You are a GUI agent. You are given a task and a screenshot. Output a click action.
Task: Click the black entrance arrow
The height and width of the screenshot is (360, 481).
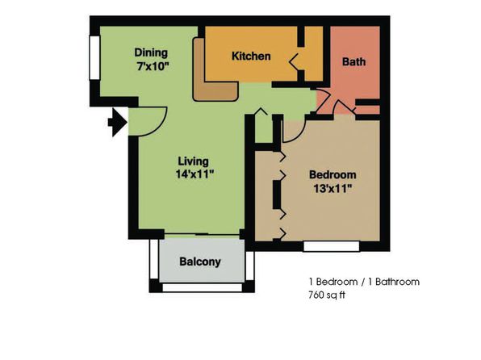click(x=118, y=122)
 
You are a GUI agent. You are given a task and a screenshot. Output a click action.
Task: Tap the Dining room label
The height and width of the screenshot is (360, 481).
click(x=151, y=52)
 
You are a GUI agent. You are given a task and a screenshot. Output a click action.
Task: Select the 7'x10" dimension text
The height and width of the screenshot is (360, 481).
click(x=153, y=66)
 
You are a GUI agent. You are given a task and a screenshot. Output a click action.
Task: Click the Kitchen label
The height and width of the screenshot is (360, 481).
click(x=251, y=57)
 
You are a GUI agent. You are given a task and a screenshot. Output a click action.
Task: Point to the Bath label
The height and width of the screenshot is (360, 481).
click(x=353, y=61)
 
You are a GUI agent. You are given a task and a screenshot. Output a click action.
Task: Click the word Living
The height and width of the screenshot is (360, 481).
click(x=193, y=161)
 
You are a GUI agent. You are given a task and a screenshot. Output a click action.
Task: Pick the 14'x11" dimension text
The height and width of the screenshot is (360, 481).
click(x=194, y=174)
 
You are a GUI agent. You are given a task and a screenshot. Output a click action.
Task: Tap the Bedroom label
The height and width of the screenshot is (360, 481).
click(x=333, y=174)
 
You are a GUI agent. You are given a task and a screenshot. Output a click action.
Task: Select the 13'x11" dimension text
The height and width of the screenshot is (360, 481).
click(x=333, y=188)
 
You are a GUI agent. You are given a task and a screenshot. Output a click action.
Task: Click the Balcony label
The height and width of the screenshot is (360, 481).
click(x=200, y=262)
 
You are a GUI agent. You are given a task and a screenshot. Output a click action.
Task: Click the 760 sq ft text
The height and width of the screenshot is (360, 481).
click(x=327, y=295)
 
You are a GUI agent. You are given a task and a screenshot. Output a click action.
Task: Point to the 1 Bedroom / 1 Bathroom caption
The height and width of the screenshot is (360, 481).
click(x=364, y=282)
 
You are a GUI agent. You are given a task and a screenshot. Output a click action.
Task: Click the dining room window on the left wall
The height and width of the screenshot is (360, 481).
click(x=94, y=57)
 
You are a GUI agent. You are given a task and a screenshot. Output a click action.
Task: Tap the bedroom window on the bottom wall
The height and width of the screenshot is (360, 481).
click(x=332, y=246)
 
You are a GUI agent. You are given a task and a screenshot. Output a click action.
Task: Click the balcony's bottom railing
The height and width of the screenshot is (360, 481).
click(x=202, y=287)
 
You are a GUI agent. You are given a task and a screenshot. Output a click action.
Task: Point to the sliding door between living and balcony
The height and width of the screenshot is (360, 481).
click(x=202, y=235)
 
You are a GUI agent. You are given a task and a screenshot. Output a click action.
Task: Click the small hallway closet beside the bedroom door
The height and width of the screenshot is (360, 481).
click(x=264, y=128)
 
